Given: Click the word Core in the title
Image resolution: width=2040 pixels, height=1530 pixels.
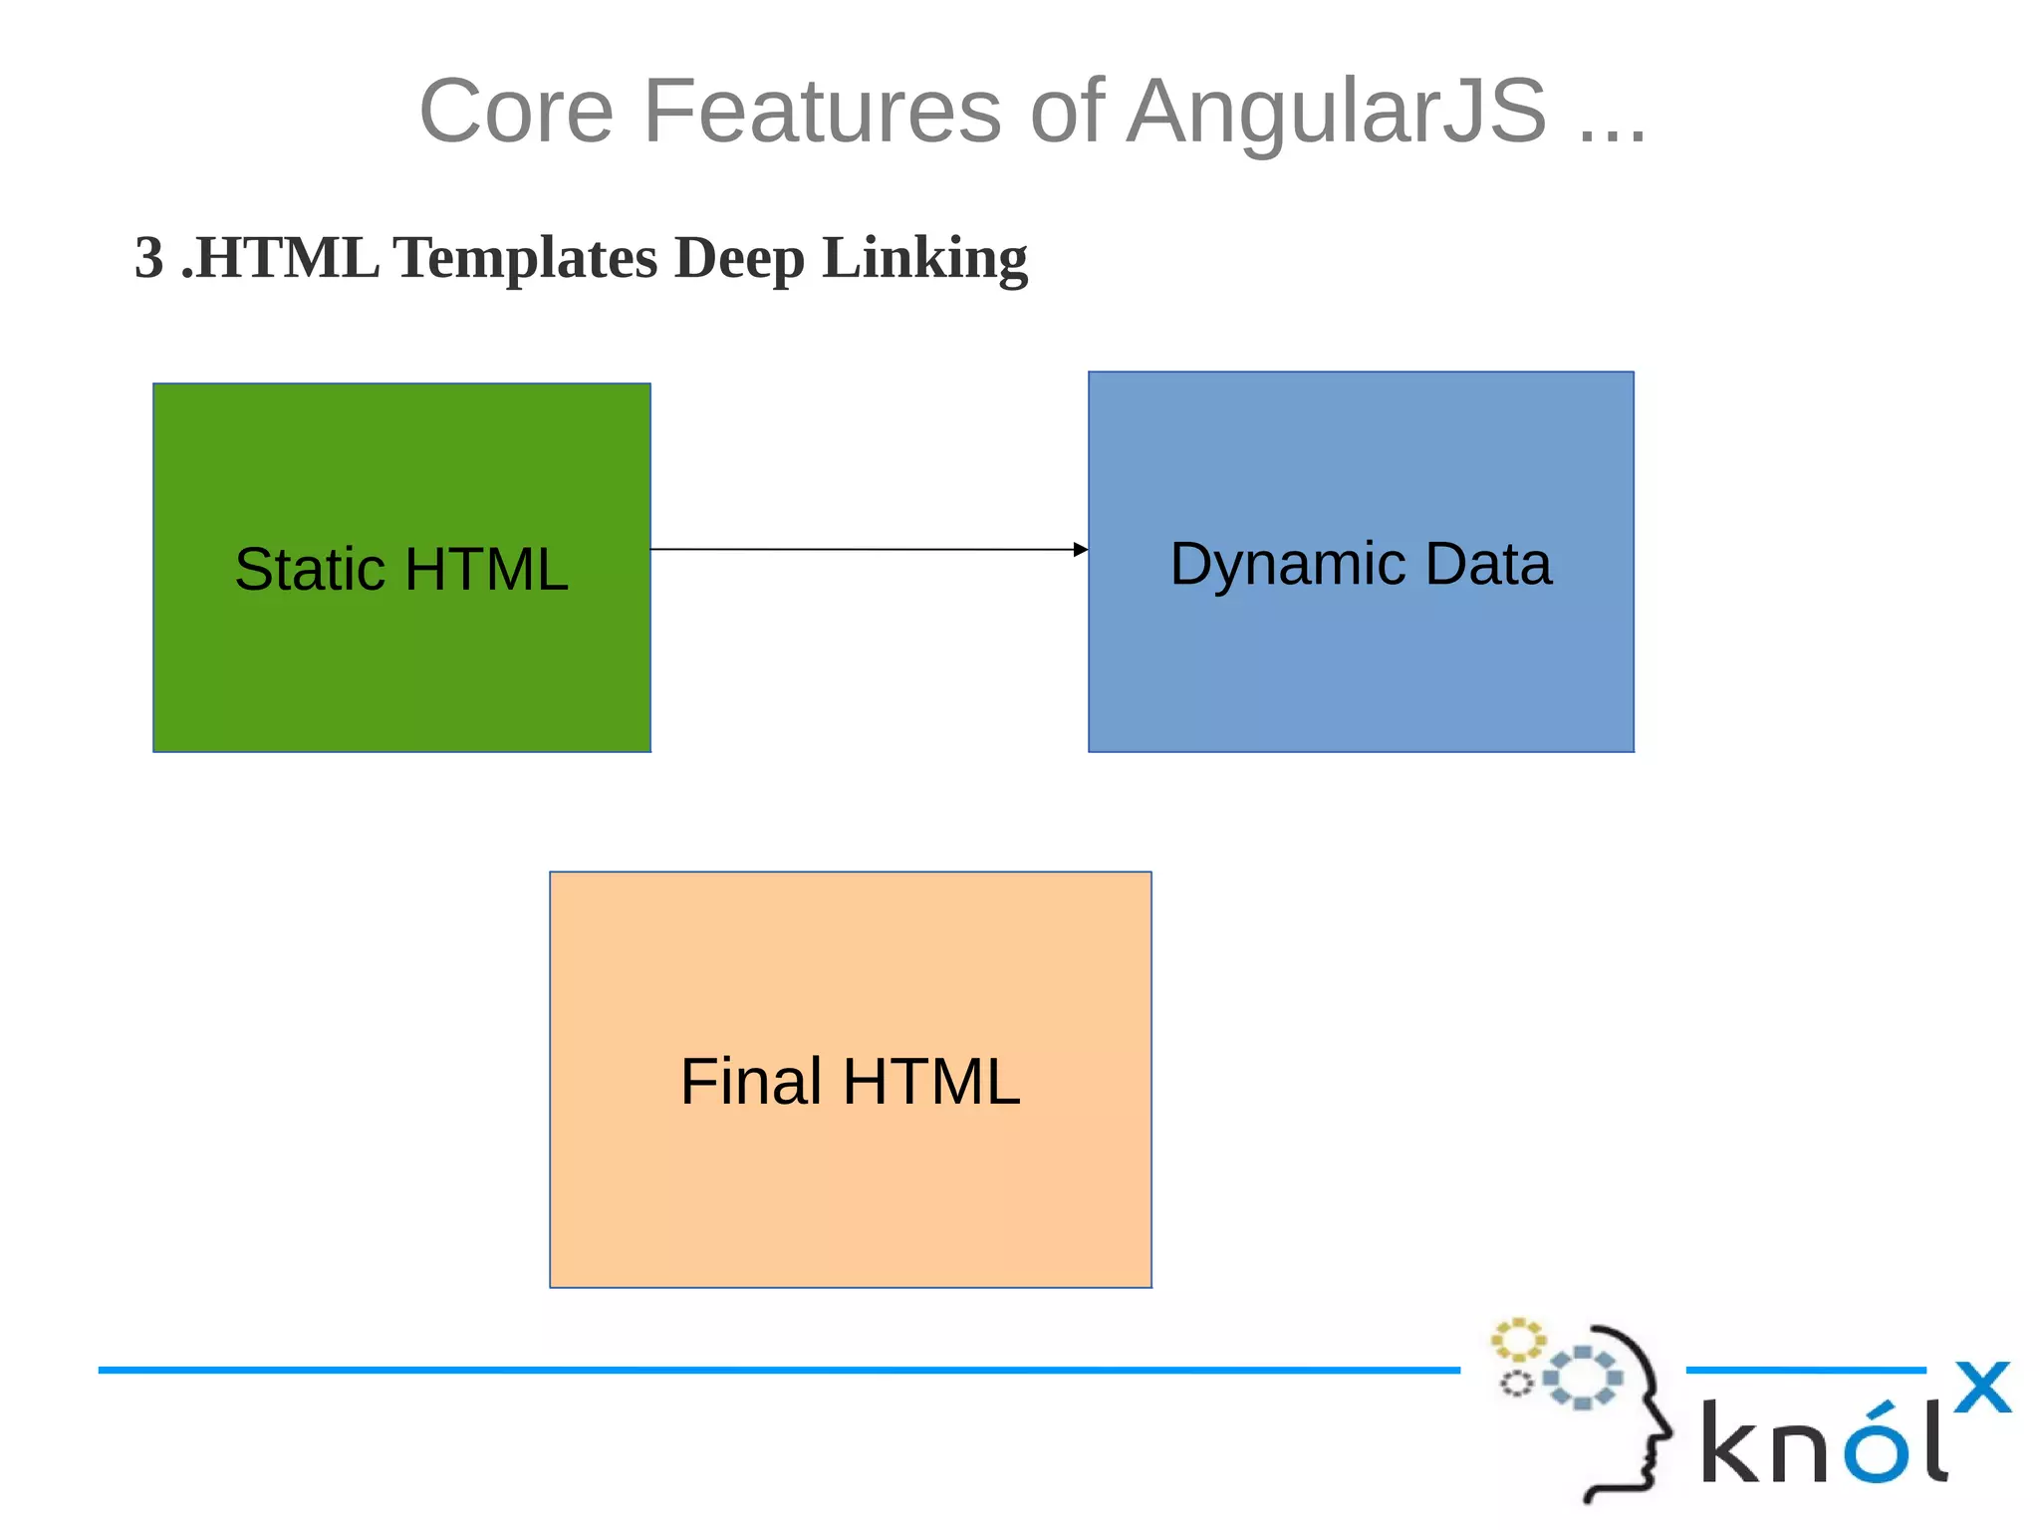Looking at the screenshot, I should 516,111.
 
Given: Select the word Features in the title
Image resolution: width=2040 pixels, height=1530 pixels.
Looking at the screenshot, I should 822,111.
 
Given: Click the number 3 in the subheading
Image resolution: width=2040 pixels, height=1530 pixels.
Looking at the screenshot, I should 148,258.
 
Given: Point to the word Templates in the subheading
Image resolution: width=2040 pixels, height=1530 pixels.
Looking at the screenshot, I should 525,258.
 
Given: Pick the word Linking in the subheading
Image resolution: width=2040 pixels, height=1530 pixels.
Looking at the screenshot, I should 924,258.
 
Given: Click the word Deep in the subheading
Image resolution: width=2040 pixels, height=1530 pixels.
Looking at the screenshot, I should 738,258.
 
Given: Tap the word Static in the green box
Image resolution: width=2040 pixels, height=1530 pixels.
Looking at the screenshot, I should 310,570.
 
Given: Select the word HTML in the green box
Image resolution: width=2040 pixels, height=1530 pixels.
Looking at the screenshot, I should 486,570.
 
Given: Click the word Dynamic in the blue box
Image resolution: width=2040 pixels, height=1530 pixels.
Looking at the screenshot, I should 1287,565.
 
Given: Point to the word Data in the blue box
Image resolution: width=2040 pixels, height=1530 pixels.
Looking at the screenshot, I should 1488,565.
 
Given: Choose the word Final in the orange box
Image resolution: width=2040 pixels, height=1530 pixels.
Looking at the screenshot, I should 751,1082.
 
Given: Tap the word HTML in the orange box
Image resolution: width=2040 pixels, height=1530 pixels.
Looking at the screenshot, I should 931,1082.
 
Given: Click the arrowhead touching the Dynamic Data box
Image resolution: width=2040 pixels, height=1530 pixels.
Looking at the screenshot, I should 1080,550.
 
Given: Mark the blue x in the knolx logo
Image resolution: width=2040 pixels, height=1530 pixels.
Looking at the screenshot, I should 1982,1388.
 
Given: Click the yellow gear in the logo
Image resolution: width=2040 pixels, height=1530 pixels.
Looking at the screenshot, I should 1517,1340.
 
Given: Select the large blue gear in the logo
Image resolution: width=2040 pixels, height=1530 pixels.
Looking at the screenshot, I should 1583,1378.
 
